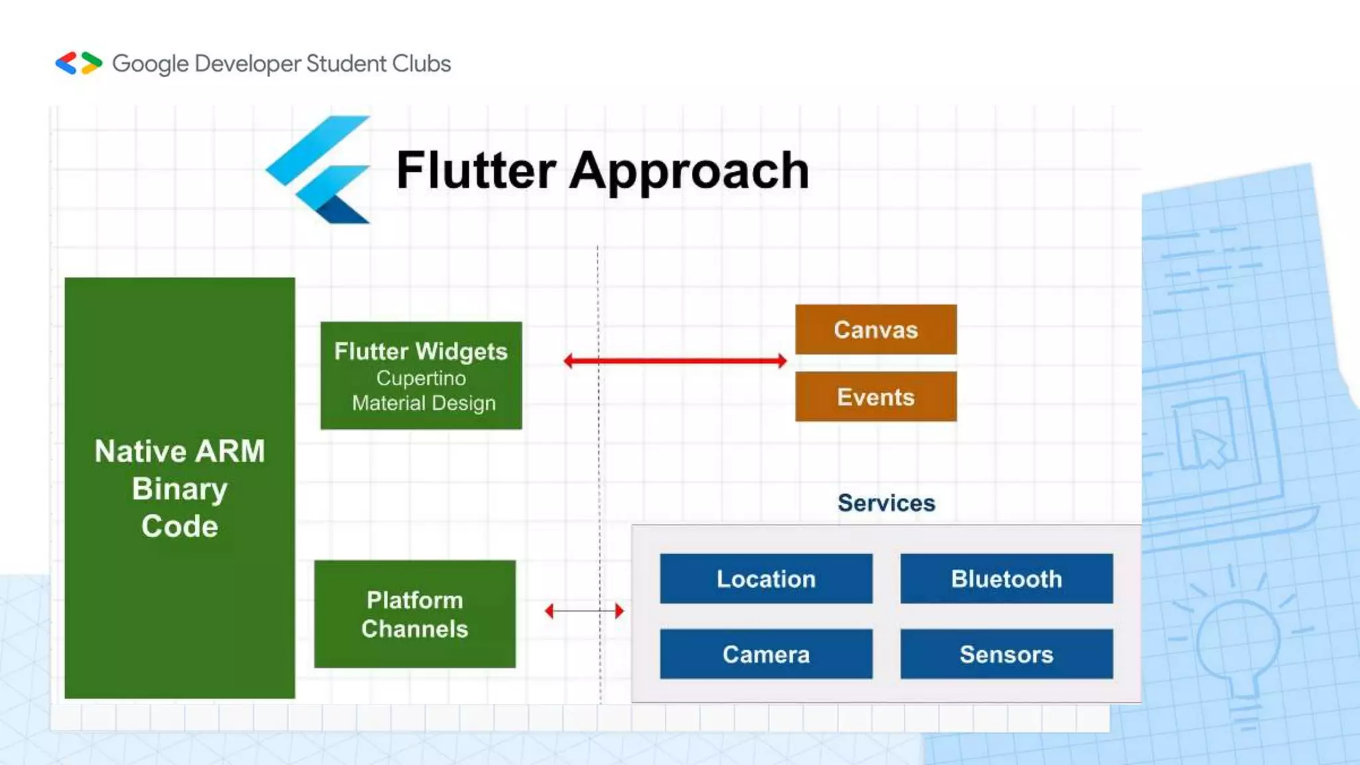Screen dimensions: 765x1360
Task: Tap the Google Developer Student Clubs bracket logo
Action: click(x=78, y=63)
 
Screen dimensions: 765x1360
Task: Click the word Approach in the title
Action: click(x=689, y=171)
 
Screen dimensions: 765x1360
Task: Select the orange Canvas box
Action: click(x=875, y=329)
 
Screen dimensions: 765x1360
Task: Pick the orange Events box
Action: click(x=875, y=396)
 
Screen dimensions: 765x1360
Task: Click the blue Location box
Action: click(x=766, y=578)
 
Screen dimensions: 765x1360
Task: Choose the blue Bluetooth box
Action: click(x=1006, y=578)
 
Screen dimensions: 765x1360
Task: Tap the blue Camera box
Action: click(x=766, y=654)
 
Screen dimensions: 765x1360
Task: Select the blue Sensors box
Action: click(x=1006, y=654)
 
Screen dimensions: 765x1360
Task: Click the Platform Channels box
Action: click(x=414, y=614)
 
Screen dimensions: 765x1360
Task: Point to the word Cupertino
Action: click(x=421, y=378)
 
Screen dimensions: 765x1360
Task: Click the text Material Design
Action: click(x=424, y=403)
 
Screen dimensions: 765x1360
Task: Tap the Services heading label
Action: click(x=886, y=503)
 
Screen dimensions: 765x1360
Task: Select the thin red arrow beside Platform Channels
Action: click(x=584, y=610)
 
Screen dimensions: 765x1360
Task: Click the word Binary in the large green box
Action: click(x=179, y=489)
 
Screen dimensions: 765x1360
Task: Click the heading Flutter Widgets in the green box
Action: click(x=420, y=351)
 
